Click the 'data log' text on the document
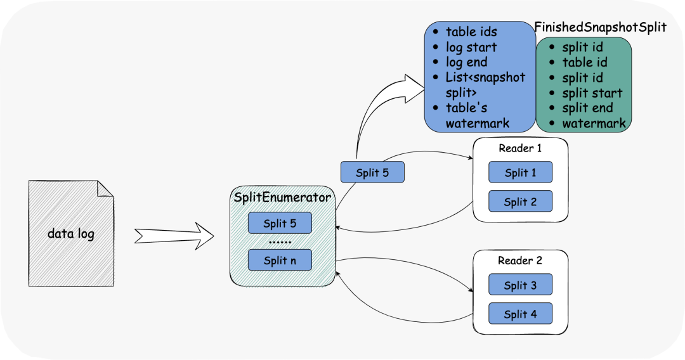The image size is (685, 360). (x=71, y=234)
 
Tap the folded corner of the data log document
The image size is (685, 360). (x=105, y=188)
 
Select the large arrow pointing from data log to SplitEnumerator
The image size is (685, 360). (x=174, y=236)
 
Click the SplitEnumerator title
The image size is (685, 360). (x=282, y=197)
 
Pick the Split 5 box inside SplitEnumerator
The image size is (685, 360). (x=280, y=223)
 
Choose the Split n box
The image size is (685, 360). (x=280, y=260)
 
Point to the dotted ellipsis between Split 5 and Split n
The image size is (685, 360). (x=280, y=241)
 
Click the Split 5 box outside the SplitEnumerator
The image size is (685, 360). (x=372, y=172)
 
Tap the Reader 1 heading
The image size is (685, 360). (x=520, y=148)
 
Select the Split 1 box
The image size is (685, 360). (x=520, y=172)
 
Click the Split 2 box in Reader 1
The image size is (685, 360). (x=520, y=202)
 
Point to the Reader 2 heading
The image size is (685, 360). (x=520, y=260)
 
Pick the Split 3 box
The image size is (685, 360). (x=520, y=285)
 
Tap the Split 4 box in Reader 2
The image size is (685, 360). (x=520, y=314)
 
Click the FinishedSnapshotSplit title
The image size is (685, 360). (x=601, y=27)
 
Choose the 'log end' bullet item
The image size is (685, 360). (x=460, y=62)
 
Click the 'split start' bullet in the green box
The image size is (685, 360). (x=586, y=93)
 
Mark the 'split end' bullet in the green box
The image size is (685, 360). (x=582, y=108)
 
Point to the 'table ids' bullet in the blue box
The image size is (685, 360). (x=466, y=32)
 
